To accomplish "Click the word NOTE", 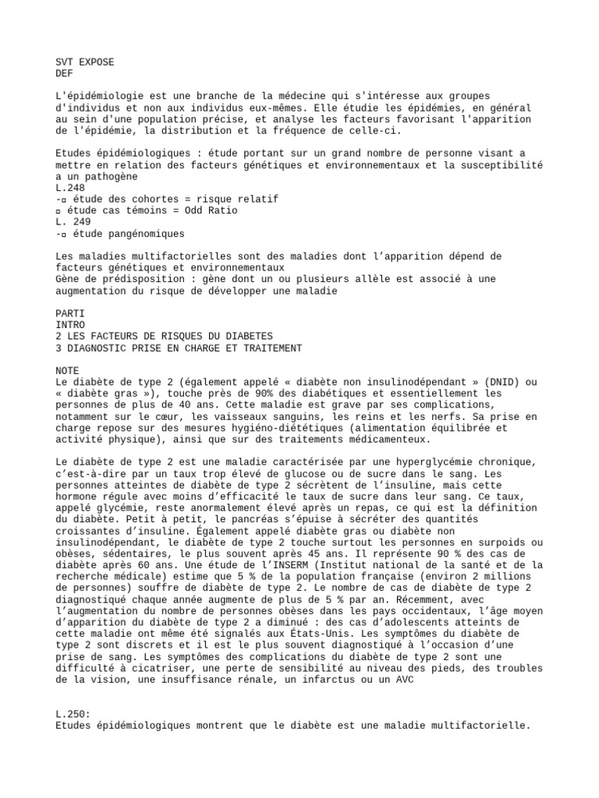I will coord(69,370).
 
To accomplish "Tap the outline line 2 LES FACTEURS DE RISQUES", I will coord(165,336).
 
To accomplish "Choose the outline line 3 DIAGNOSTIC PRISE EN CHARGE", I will coord(179,348).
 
